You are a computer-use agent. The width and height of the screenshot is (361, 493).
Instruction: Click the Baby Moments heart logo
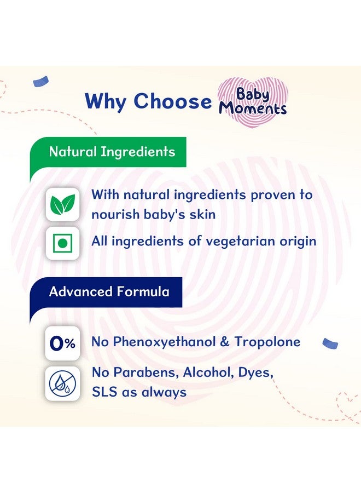tap(252, 101)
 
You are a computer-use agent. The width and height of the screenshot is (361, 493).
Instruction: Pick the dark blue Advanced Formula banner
tap(109, 291)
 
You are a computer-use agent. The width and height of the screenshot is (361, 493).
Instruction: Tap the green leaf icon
tap(62, 204)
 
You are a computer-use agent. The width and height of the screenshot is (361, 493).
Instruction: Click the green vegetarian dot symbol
tap(62, 242)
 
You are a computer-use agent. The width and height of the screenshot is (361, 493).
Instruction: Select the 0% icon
tap(62, 343)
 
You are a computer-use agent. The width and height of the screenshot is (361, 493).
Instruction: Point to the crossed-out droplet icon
tap(62, 383)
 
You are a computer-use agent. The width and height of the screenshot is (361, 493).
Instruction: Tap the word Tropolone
tap(267, 342)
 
